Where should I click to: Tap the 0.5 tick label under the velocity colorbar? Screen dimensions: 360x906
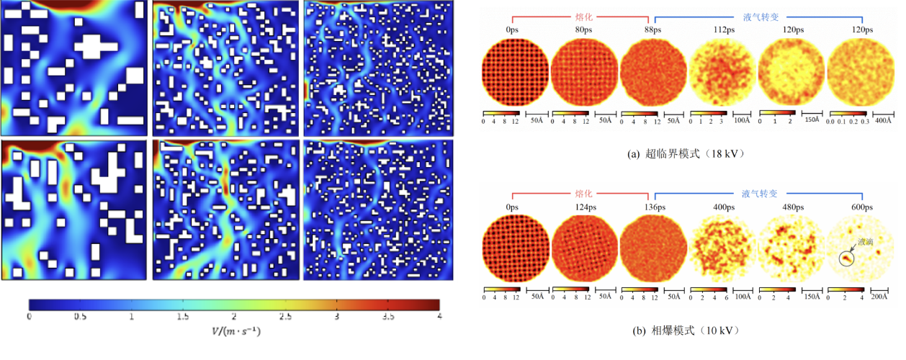(x=80, y=317)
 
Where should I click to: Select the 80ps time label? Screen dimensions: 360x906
(x=584, y=30)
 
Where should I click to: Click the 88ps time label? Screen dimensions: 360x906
(x=652, y=30)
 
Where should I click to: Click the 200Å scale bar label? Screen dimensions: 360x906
(x=882, y=297)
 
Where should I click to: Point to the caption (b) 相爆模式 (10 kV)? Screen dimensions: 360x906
(x=688, y=330)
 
